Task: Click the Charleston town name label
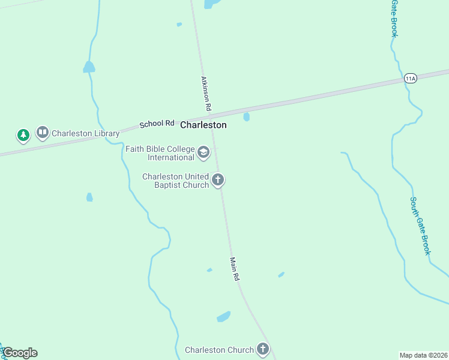(203, 125)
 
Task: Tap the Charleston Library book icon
(42, 133)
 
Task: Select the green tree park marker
(23, 135)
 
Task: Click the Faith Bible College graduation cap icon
(203, 152)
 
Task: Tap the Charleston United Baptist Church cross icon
(218, 179)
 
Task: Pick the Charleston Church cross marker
(263, 349)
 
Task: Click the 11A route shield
(411, 78)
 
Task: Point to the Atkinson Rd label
(205, 93)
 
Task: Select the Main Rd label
(235, 269)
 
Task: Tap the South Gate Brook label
(420, 226)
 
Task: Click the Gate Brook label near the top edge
(394, 18)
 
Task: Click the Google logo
(20, 353)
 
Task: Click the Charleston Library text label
(85, 133)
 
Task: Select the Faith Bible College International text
(160, 153)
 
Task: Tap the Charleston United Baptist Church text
(175, 181)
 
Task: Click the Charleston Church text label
(219, 350)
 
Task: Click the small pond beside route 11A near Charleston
(246, 116)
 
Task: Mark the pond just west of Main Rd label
(209, 270)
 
